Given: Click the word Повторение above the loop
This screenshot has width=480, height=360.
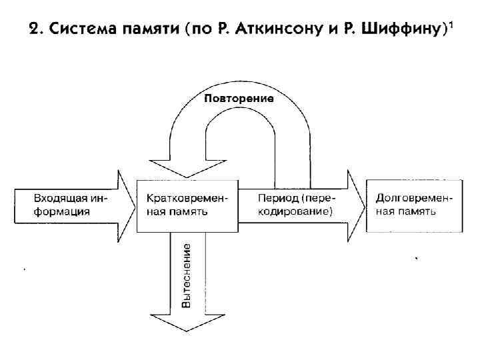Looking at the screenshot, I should [x=239, y=99].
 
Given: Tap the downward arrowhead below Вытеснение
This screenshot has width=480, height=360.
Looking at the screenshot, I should [x=187, y=323].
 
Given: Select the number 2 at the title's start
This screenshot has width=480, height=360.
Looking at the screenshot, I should [x=33, y=29].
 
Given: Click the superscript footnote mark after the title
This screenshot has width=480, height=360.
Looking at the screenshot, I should [x=451, y=24].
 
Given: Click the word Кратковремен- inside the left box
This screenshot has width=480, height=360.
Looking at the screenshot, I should [x=187, y=199].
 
